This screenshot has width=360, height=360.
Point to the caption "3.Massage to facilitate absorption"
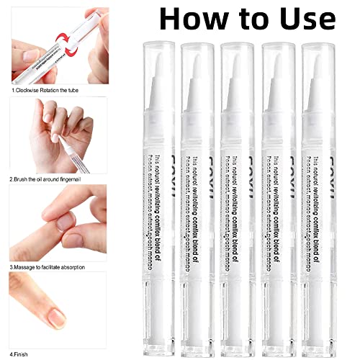pos(48,266)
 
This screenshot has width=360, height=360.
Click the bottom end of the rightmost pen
pos(320,338)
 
